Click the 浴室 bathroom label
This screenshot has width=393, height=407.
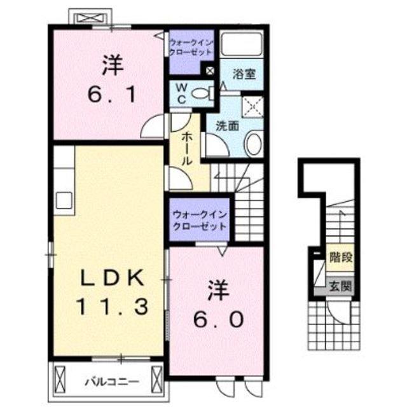244,74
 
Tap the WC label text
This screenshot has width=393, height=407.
181,94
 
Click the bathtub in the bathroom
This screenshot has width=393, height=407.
241,44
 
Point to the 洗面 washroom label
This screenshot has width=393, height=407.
227,126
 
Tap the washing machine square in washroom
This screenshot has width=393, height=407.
252,107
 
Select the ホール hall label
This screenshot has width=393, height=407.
186,148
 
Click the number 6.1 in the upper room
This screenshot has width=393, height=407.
112,95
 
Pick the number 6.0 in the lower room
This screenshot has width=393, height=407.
218,319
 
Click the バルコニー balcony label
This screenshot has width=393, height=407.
112,382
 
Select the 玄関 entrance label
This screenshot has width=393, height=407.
340,287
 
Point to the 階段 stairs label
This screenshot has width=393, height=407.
341,258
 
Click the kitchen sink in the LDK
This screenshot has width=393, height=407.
64,200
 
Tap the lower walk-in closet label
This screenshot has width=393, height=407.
200,221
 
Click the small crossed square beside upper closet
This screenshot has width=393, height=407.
210,71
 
